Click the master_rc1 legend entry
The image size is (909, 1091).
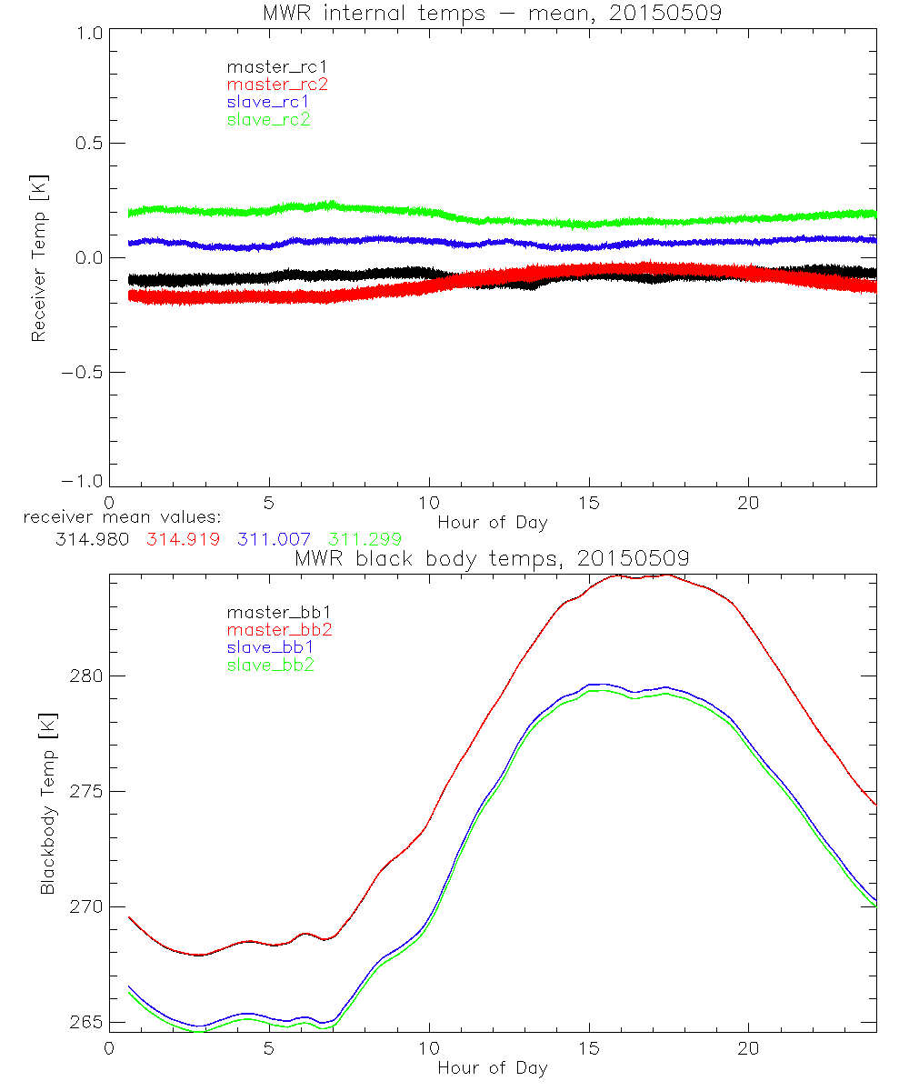[x=268, y=66]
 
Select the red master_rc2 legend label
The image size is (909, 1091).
[x=277, y=84]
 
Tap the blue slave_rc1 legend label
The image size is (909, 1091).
[x=268, y=102]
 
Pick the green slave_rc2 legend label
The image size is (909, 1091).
[x=268, y=119]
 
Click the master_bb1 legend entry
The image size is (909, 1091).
[x=272, y=613]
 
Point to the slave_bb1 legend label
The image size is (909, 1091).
[x=268, y=648]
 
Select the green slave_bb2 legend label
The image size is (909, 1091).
[x=268, y=666]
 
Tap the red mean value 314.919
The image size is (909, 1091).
[x=182, y=539]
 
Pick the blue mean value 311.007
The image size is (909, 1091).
[x=273, y=539]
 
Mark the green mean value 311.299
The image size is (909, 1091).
[x=365, y=539]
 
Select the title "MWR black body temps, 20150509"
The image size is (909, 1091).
[x=492, y=558]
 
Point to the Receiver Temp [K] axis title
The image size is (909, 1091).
[x=38, y=257]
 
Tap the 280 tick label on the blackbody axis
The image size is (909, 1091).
[x=85, y=676]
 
